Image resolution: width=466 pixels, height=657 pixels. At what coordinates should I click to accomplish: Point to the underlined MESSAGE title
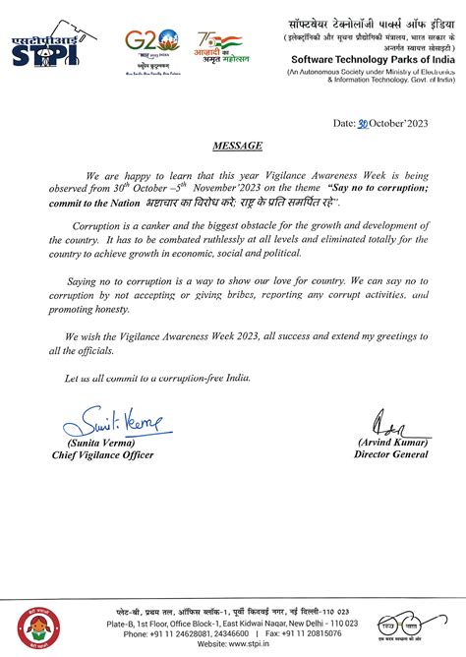[x=237, y=146]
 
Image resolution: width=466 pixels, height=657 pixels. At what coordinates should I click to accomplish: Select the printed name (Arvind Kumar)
[x=392, y=443]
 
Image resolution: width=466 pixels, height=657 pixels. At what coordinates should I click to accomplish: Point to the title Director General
[x=392, y=455]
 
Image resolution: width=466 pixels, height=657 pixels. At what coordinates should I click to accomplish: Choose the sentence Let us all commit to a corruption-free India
[x=157, y=378]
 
